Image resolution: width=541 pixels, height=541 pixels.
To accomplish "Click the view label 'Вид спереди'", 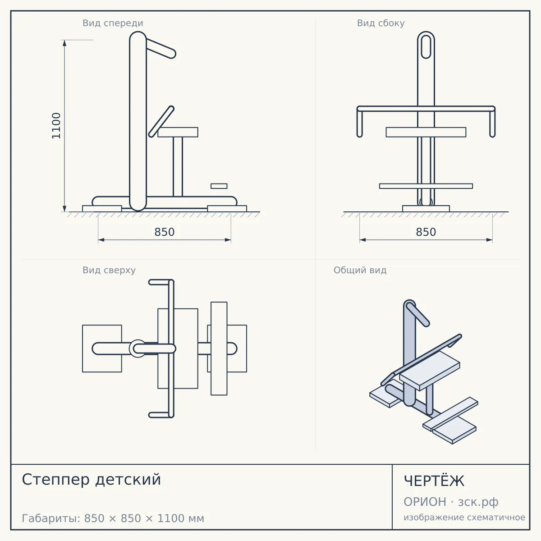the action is (113, 23).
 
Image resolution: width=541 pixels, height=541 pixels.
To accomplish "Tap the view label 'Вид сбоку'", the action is (381, 23).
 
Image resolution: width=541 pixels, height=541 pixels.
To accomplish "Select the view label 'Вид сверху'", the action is (109, 270).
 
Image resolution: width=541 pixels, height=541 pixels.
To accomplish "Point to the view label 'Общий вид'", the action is (360, 270).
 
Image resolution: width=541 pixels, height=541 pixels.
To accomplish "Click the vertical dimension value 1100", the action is (56, 126).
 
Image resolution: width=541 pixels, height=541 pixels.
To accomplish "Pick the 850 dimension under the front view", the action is (165, 232).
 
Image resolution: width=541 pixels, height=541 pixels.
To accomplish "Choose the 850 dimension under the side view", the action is (426, 232).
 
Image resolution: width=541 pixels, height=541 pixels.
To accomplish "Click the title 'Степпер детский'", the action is (91, 480).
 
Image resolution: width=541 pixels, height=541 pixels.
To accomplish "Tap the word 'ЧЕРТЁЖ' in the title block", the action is (434, 481).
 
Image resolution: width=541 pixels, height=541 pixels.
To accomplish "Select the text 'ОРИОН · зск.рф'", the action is (451, 502).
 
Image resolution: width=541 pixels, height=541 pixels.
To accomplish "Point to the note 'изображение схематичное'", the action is (464, 517).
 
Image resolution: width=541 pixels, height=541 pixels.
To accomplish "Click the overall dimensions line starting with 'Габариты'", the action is (113, 518).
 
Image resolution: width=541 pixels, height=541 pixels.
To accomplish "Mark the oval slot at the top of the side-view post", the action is (426, 46).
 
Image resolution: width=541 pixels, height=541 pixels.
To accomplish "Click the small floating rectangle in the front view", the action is (219, 186).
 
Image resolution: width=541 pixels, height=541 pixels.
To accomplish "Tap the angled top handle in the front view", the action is (160, 48).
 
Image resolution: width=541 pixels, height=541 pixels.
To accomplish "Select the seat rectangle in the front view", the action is (178, 132).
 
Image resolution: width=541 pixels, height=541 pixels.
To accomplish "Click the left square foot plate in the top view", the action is (102, 348).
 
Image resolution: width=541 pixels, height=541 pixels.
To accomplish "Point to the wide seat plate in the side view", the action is (426, 132).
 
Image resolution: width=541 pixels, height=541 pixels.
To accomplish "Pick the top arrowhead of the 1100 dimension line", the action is (64, 43).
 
